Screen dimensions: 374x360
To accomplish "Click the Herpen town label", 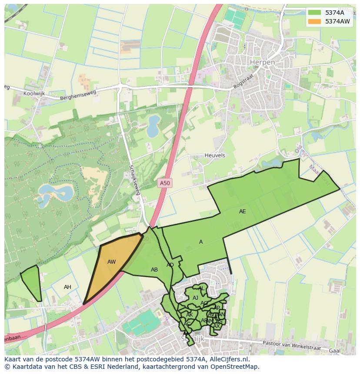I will (262, 63).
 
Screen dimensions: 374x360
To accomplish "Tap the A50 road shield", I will (165, 183).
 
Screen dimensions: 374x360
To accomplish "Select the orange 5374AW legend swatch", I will (314, 21).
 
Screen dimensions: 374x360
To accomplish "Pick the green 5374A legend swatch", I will (314, 13).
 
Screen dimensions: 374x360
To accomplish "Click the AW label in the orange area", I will (112, 262).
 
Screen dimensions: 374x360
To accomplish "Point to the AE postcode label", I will (242, 212).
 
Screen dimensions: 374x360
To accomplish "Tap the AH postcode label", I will (67, 287).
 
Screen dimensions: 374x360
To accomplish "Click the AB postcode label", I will (154, 270).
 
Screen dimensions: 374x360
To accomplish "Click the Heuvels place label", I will (215, 155).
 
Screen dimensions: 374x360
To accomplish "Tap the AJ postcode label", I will (195, 298).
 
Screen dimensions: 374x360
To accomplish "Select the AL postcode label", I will (201, 288).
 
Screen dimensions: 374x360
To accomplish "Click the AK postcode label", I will (190, 315).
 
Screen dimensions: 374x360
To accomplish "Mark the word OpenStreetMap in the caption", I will (235, 367).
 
